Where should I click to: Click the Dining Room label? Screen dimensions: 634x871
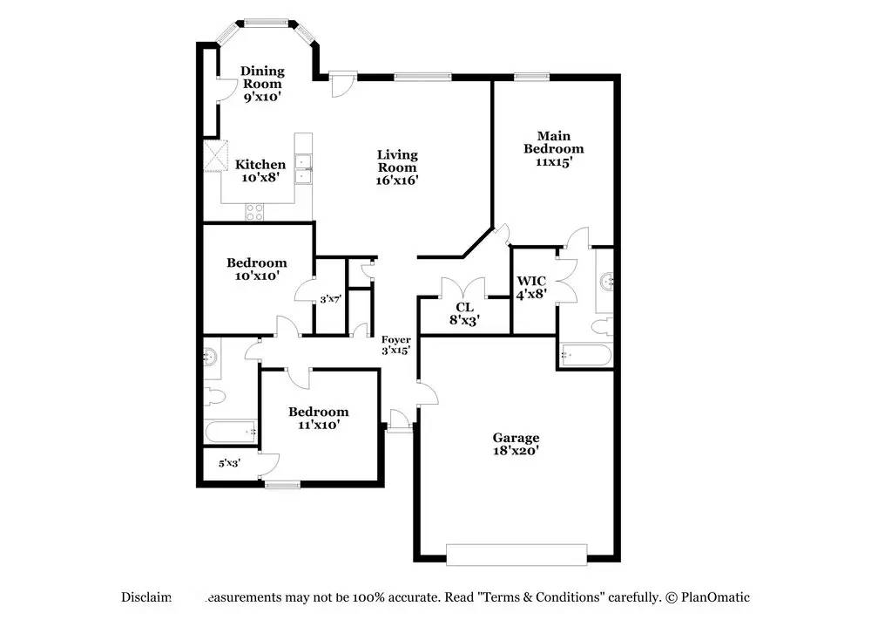coord(262,84)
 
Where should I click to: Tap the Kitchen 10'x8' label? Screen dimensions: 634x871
coord(260,170)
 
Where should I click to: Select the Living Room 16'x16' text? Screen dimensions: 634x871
coord(397,167)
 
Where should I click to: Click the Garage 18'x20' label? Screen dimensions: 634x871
coord(516,444)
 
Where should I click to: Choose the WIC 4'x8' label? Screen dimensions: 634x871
coord(531,287)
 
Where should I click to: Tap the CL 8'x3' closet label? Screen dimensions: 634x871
coord(464,313)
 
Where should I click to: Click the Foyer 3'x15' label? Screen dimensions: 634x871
coord(395,344)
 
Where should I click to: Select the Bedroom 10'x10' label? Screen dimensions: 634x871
coord(257,269)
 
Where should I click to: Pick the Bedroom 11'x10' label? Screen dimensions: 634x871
coord(319,418)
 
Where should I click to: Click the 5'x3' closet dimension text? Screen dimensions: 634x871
coord(229,463)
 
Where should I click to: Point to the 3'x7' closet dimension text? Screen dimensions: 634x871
coord(329,299)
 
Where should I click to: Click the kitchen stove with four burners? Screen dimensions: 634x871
coord(256,209)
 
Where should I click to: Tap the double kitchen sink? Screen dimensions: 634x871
coord(303,168)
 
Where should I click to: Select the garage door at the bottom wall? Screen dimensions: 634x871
coord(516,553)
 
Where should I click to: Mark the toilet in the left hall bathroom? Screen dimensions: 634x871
coord(214,397)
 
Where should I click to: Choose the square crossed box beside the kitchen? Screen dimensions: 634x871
coord(214,157)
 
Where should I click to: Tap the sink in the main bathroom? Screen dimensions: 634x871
coord(607,282)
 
